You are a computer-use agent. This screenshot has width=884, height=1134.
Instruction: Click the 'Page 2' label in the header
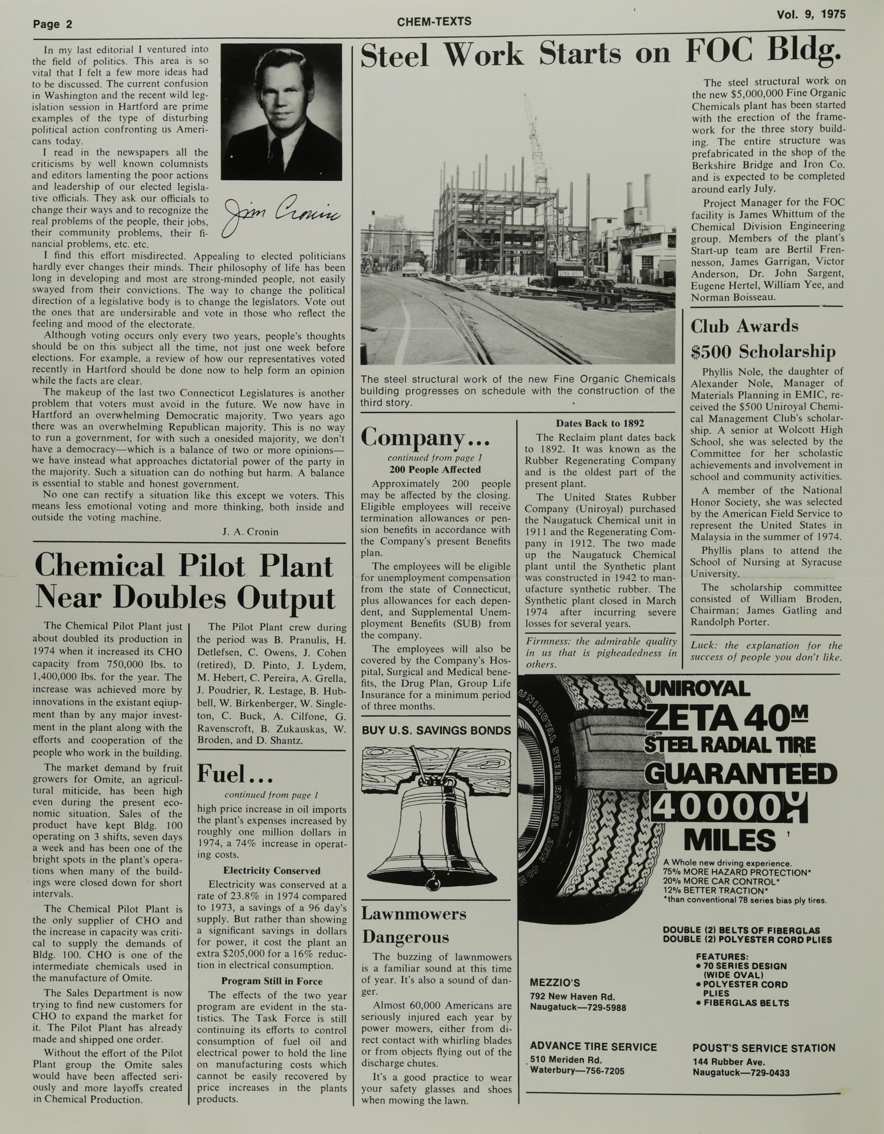tap(52, 25)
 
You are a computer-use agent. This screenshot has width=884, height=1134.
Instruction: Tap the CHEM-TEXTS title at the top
tap(434, 22)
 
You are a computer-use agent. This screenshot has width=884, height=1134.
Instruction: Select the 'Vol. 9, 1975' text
tap(811, 15)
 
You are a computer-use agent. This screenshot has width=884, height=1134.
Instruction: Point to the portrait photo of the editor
tap(281, 111)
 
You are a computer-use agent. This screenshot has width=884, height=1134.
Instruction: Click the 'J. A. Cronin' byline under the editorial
tap(250, 532)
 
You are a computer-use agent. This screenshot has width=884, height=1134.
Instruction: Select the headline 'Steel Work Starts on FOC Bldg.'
tap(600, 54)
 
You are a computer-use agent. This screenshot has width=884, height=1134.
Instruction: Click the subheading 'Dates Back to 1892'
tap(600, 423)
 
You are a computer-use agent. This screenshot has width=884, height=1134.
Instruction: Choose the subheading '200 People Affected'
tap(435, 470)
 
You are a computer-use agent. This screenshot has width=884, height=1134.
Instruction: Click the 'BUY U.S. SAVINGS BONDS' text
tap(436, 730)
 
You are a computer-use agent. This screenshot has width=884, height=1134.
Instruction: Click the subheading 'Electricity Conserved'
tap(272, 871)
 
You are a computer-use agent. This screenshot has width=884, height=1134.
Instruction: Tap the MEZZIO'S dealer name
tap(555, 983)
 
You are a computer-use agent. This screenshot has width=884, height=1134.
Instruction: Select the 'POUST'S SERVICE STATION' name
tap(764, 1048)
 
